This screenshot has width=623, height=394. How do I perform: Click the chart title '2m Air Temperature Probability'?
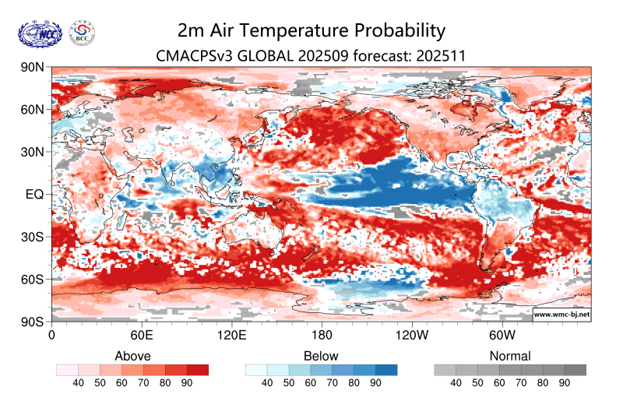[x=311, y=30]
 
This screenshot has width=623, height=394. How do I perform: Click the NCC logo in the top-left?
[x=39, y=33]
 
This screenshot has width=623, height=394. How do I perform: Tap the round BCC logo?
[x=83, y=33]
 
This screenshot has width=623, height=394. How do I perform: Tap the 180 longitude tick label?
[x=322, y=335]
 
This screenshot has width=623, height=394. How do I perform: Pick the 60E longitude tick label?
[x=141, y=335]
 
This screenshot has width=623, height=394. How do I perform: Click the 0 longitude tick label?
[x=51, y=335]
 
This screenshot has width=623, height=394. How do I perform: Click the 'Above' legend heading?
[x=132, y=356]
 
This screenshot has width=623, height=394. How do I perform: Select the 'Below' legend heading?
[x=322, y=356]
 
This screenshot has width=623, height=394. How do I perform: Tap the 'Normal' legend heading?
[x=510, y=356]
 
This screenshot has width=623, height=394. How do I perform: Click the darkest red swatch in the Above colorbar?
[x=198, y=370]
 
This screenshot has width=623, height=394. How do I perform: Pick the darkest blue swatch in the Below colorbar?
[x=386, y=370]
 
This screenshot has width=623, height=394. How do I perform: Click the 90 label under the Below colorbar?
[x=375, y=383]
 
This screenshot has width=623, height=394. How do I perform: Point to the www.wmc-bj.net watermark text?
[x=561, y=315]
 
